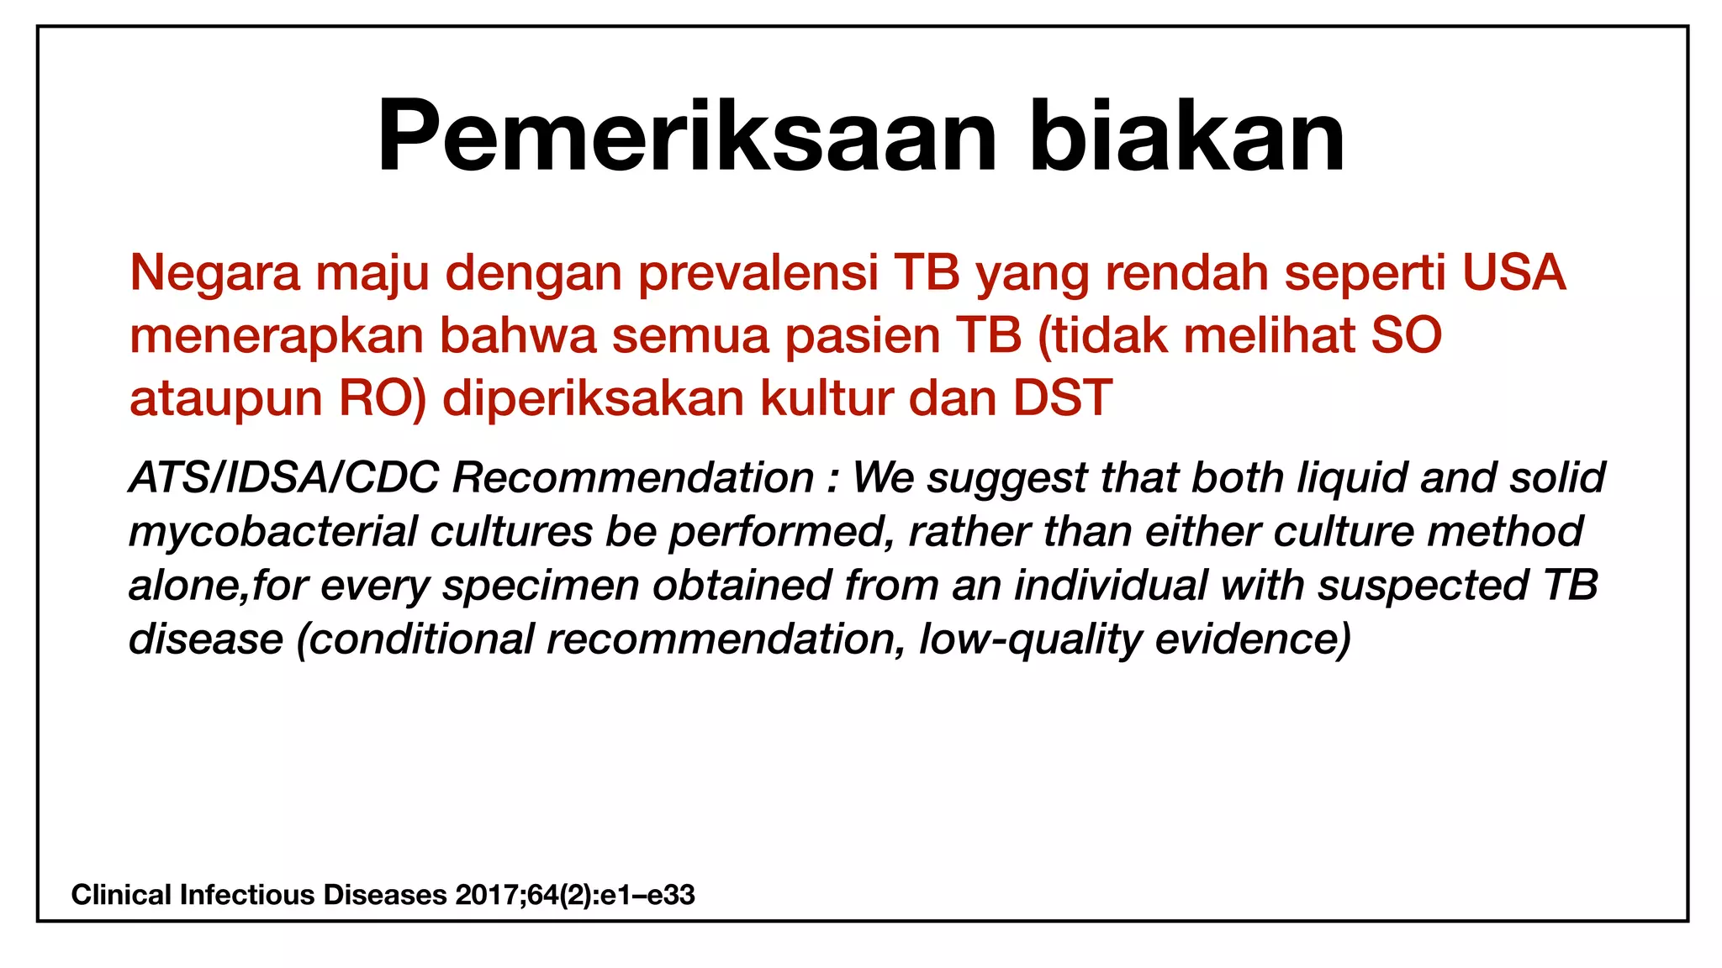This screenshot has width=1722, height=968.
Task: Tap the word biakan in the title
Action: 1186,136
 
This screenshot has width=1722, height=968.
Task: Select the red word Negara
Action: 214,274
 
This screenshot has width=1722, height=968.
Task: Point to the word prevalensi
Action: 758,274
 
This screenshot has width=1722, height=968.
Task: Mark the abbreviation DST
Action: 1063,397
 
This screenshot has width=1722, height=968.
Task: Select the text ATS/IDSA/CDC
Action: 283,477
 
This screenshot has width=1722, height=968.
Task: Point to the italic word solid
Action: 1557,477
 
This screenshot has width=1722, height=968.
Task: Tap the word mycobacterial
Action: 272,533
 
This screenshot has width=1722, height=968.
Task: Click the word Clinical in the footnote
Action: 121,895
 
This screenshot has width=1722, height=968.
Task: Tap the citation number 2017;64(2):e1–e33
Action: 575,895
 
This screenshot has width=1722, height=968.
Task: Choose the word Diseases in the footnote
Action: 385,895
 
